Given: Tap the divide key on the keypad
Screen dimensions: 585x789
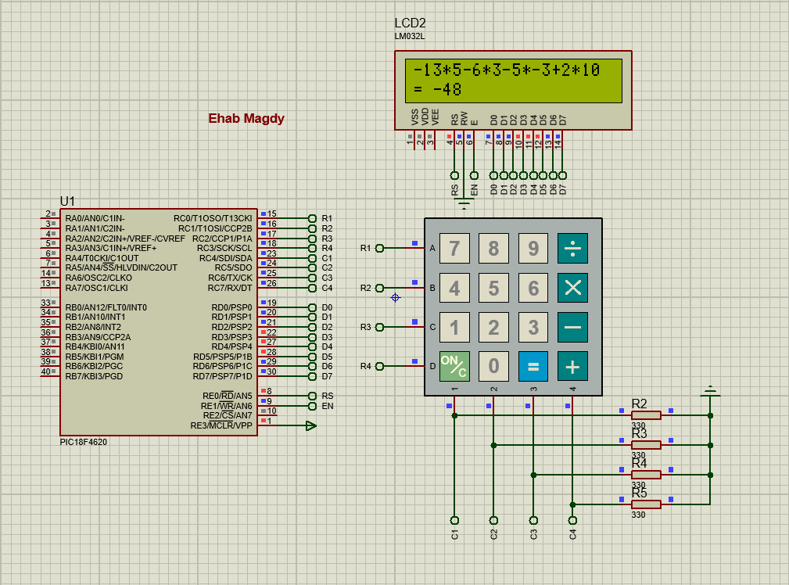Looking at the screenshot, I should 572,249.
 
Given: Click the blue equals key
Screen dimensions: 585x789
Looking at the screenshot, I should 533,366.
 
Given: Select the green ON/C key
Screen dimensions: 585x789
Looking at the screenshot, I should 454,366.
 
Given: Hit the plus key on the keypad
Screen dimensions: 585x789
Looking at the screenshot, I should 572,366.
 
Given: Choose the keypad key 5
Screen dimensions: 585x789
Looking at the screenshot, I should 493,288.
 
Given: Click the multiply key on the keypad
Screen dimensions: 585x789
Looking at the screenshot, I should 572,288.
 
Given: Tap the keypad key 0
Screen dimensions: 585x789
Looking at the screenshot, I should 493,366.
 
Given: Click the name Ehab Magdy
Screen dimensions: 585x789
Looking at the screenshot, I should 246,119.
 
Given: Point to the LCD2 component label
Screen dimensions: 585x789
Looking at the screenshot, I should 411,23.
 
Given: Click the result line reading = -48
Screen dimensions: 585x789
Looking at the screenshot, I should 438,90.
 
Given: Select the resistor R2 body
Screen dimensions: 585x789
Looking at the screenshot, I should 646,415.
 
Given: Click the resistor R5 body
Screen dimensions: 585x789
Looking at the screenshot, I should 646,504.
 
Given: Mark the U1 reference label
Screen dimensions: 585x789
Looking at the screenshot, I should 68,202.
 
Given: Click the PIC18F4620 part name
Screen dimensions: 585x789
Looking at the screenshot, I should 84,442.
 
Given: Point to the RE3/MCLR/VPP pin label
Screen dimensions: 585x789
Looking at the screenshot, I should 221,426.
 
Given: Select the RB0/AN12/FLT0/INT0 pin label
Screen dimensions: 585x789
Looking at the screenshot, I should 106,307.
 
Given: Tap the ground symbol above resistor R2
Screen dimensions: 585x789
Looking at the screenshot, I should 710,389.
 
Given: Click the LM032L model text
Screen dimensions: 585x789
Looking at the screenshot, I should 410,36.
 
